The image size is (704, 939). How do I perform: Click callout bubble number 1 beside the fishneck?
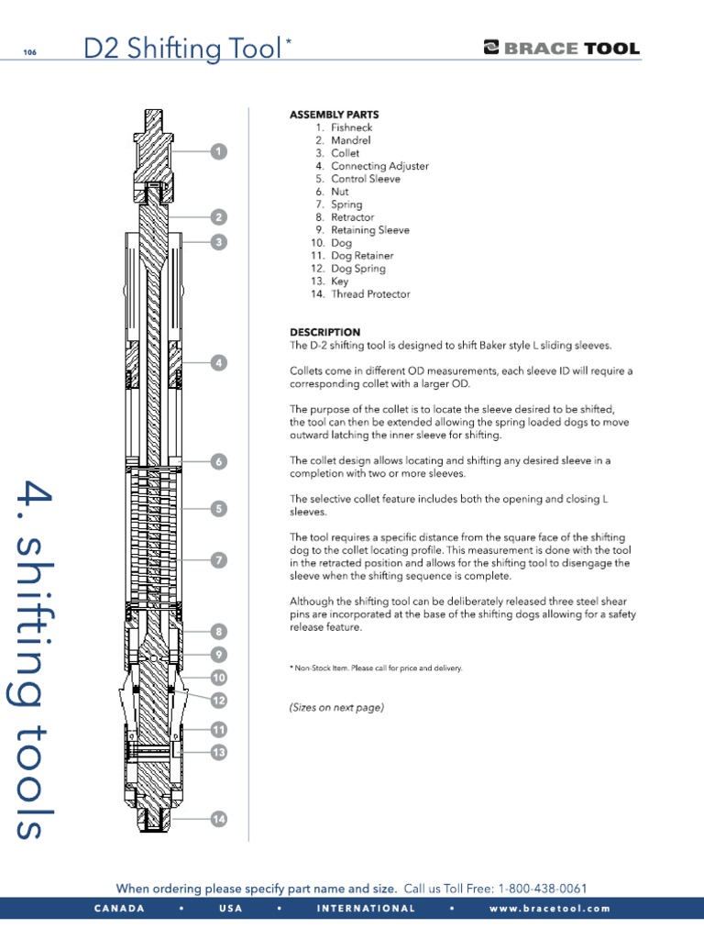pyautogui.click(x=218, y=150)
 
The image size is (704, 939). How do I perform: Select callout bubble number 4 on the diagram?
pyautogui.click(x=218, y=363)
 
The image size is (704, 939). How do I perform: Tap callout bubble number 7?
pyautogui.click(x=218, y=559)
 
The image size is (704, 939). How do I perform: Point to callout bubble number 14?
pyautogui.click(x=218, y=819)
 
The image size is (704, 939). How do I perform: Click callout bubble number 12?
pyautogui.click(x=218, y=701)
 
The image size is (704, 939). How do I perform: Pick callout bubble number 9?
pyautogui.click(x=218, y=655)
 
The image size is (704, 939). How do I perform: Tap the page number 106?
pyautogui.click(x=30, y=52)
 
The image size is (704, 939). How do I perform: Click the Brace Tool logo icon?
pyautogui.click(x=490, y=49)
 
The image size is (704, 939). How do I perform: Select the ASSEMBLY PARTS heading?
pyautogui.click(x=334, y=115)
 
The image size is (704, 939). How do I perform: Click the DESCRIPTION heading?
pyautogui.click(x=324, y=332)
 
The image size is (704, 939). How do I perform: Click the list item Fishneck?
pyautogui.click(x=351, y=127)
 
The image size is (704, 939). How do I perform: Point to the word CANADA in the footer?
pyautogui.click(x=119, y=909)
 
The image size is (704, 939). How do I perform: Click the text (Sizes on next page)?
pyautogui.click(x=336, y=707)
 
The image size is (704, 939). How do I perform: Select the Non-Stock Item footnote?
pyautogui.click(x=376, y=668)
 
